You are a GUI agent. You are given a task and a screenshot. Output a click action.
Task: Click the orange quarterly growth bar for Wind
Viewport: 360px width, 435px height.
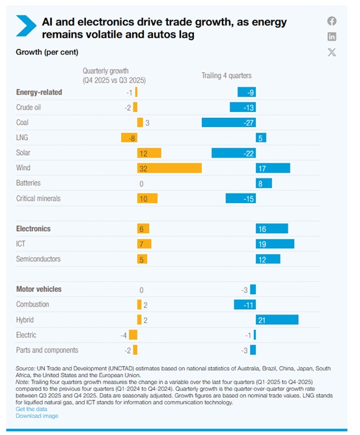click(x=169, y=168)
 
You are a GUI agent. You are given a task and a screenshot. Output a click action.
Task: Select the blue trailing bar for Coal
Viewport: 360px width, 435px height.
click(x=228, y=122)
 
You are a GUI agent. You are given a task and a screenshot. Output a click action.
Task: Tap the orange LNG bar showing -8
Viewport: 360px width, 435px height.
click(x=130, y=137)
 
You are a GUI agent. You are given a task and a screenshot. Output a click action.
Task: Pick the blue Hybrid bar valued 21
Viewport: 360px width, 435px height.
click(x=277, y=320)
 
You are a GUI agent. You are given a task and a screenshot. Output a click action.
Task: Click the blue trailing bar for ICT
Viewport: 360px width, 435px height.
click(x=275, y=244)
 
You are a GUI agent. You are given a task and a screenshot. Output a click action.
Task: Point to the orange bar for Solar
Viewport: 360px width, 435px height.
click(x=149, y=153)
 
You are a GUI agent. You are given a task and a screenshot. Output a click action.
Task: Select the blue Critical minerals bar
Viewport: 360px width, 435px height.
click(x=241, y=199)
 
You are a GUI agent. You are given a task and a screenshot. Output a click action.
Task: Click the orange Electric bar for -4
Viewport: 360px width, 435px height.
click(x=133, y=335)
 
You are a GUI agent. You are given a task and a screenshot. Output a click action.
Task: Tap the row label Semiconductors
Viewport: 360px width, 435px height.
click(x=38, y=259)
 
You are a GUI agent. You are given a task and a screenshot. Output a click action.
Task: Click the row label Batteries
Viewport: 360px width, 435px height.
click(x=28, y=183)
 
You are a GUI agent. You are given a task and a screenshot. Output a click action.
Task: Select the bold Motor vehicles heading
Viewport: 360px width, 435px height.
click(x=39, y=289)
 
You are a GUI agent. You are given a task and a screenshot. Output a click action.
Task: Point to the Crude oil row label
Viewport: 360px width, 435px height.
click(x=28, y=107)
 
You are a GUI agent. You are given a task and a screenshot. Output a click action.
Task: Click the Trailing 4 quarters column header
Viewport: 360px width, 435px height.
click(x=227, y=76)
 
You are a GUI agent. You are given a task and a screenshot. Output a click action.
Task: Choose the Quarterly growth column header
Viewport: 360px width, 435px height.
click(x=115, y=76)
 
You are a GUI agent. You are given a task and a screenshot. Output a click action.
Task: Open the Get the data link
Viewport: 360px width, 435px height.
click(x=31, y=409)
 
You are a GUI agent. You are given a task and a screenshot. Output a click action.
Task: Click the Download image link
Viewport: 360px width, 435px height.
click(x=37, y=416)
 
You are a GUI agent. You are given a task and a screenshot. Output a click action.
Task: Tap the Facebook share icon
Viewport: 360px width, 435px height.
click(x=332, y=21)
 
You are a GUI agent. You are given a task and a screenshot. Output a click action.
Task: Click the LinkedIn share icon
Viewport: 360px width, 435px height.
click(x=332, y=36)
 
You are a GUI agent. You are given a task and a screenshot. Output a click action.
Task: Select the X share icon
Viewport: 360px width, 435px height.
click(x=332, y=52)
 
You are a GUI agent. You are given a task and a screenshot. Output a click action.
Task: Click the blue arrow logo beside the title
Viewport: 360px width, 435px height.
click(x=27, y=26)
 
